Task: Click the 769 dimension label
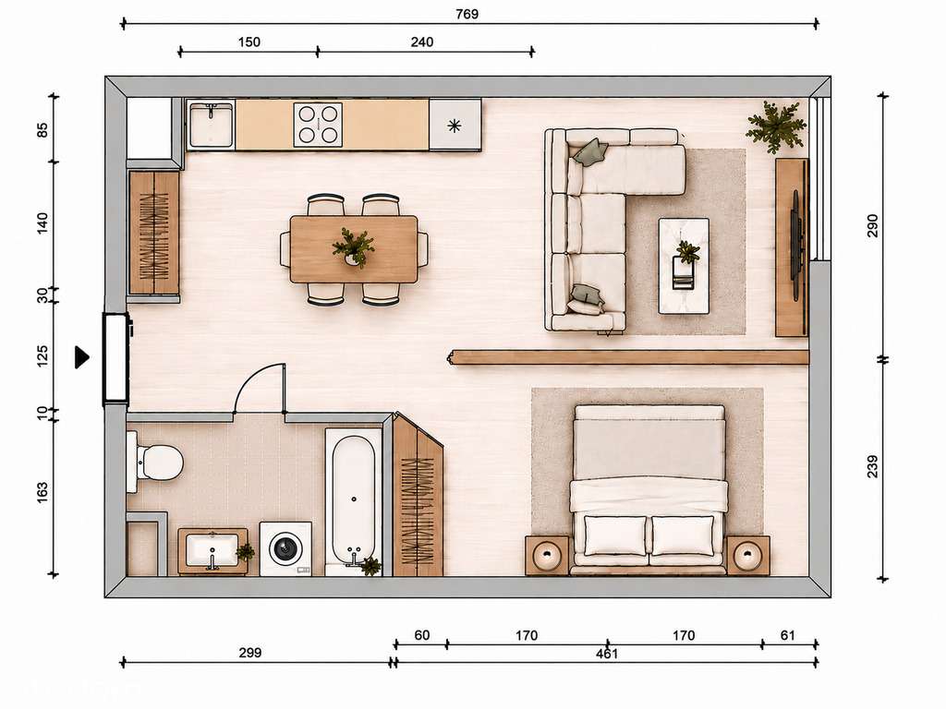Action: tap(467, 14)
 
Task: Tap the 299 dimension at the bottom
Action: tap(249, 653)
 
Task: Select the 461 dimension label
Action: tap(607, 654)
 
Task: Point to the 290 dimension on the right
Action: tap(872, 225)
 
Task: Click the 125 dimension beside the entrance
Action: tap(42, 356)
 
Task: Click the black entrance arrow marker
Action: tap(81, 357)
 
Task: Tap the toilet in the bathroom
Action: tap(154, 463)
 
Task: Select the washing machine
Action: tap(286, 548)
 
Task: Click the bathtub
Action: tap(354, 500)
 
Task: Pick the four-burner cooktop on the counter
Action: tap(318, 125)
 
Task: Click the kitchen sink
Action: tap(210, 125)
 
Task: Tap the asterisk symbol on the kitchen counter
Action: tap(455, 126)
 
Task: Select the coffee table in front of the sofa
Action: tap(684, 266)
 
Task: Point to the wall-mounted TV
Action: tap(797, 235)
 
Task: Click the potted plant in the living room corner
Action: tap(776, 127)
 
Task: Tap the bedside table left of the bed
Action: tap(547, 555)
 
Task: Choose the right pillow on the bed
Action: tap(683, 535)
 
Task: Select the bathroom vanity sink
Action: tap(212, 550)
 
